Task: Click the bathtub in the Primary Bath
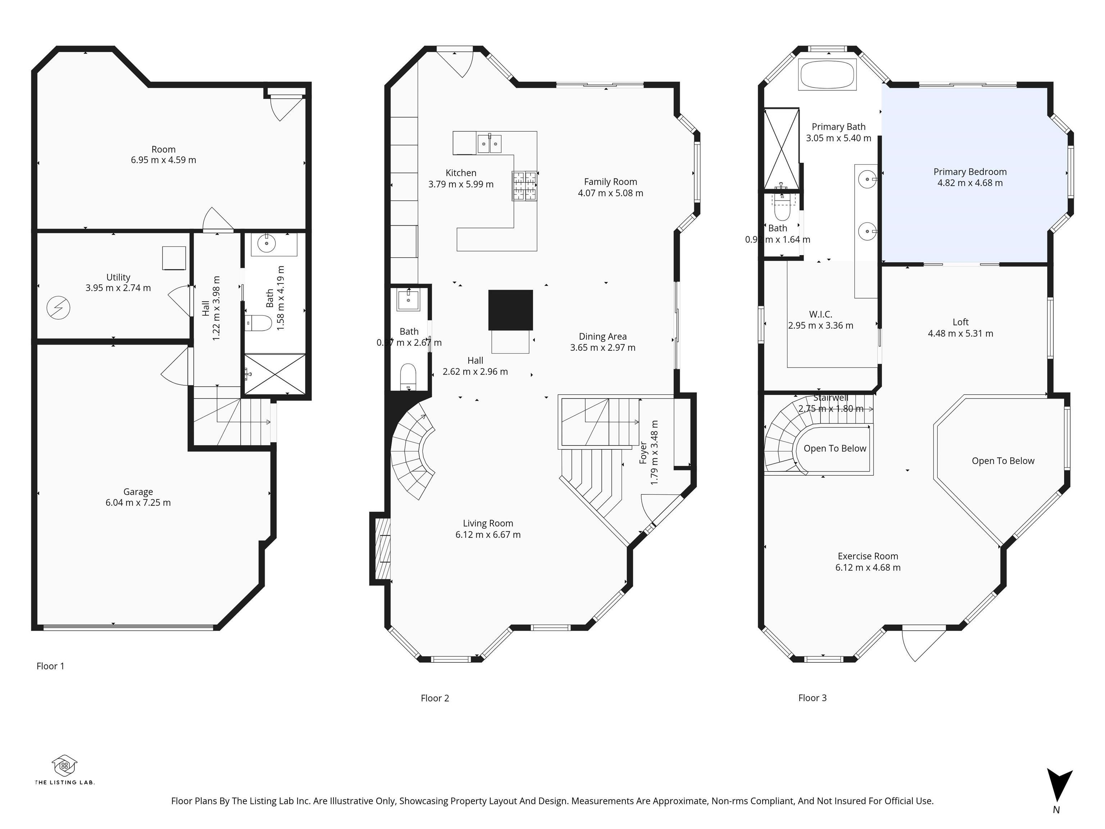[827, 75]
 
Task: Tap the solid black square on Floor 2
[510, 310]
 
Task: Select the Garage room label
[138, 492]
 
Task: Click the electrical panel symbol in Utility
[58, 307]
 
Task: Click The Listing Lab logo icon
[64, 765]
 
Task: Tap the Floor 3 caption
[812, 698]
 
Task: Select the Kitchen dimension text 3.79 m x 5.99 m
[460, 184]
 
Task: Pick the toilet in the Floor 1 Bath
[260, 323]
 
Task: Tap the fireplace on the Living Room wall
[382, 549]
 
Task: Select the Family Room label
[610, 182]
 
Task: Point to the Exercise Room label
[867, 556]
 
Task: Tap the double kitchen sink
[488, 144]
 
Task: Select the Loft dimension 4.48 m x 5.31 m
[960, 333]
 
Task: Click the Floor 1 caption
[50, 666]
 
